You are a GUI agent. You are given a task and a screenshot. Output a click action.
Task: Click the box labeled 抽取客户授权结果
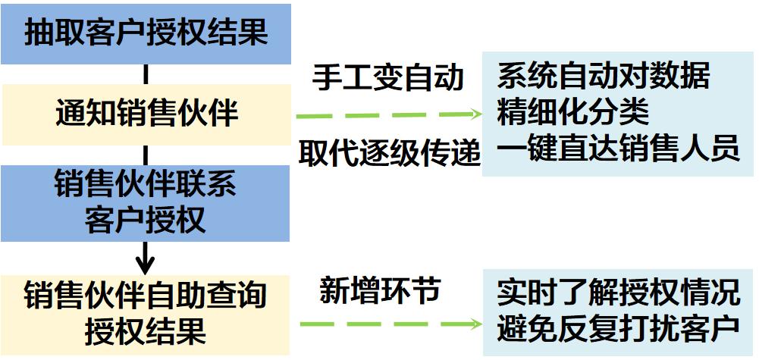coord(145,34)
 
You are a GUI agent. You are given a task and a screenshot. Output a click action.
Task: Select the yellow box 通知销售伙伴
coord(145,114)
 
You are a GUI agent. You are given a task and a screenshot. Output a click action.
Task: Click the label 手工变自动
coord(387,78)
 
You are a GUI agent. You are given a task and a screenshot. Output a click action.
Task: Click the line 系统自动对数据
coord(604,76)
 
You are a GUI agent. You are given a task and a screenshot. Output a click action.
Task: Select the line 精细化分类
coord(573,112)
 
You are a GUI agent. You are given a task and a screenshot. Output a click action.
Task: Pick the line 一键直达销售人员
coord(618,148)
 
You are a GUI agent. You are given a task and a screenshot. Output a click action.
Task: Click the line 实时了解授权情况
coord(618,292)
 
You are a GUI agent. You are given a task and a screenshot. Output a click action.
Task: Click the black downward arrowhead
coord(145,266)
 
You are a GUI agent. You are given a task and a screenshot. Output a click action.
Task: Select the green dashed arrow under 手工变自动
coord(389,115)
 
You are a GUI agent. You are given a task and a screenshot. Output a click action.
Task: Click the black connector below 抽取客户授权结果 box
coord(146,74)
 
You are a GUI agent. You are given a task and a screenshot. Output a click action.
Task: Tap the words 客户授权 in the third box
coord(145,221)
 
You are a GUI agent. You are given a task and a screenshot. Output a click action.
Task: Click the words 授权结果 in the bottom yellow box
coord(145,332)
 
